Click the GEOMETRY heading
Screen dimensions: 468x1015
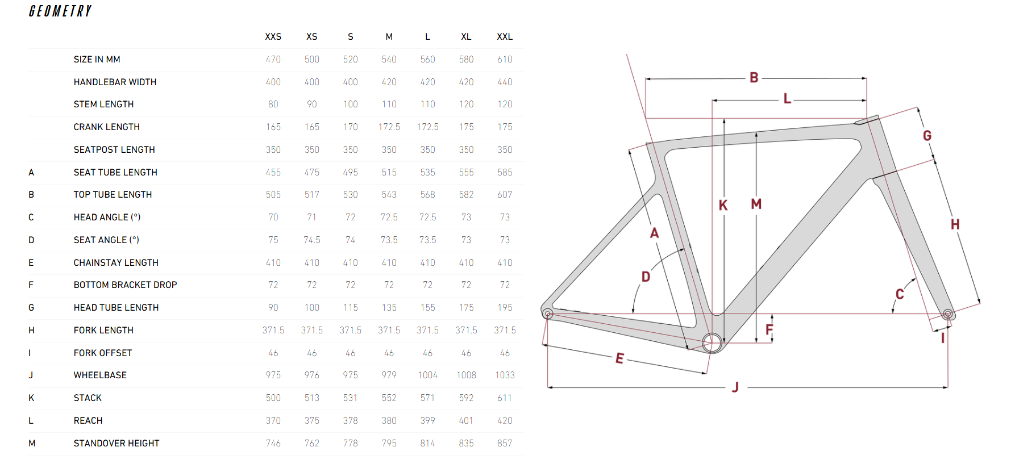[x=60, y=11]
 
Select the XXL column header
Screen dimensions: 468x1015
[x=505, y=37]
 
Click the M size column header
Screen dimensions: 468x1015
[x=389, y=37]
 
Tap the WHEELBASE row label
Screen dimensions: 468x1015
[x=100, y=375]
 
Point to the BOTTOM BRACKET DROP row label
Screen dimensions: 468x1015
[x=125, y=285]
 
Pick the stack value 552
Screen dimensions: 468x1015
[x=389, y=398]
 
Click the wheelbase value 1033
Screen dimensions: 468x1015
[x=505, y=375]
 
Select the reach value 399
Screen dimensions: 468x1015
[x=427, y=421]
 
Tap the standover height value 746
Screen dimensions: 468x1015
[x=273, y=444]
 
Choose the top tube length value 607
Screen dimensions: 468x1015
[x=505, y=195]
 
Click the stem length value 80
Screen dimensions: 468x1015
[x=273, y=105]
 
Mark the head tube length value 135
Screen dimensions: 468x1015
[x=389, y=308]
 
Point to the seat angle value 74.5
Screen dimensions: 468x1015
[x=312, y=240]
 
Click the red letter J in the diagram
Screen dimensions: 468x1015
[x=735, y=387]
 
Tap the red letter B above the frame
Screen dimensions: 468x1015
[x=754, y=78]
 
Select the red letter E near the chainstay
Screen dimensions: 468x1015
[x=619, y=358]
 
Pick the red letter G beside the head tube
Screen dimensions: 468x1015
[x=927, y=136]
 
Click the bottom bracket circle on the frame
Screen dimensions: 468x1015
[x=712, y=342]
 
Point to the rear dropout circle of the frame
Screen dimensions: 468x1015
[x=548, y=314]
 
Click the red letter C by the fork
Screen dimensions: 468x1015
[x=900, y=294]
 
